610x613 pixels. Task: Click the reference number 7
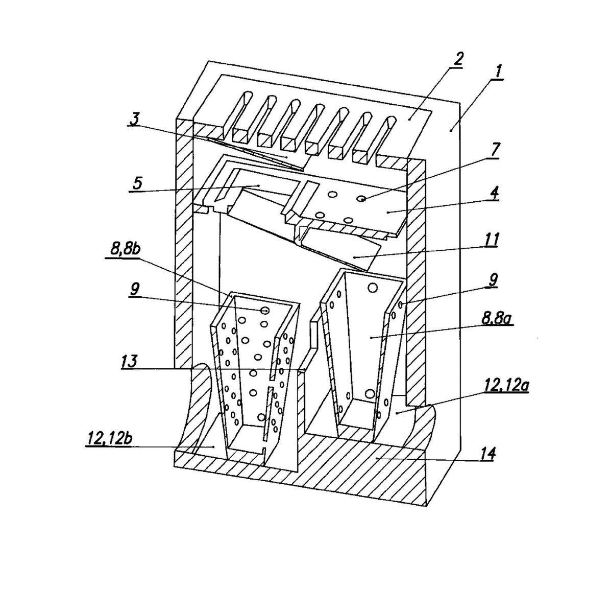497,150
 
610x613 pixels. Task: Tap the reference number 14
486,454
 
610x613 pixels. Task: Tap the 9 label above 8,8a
493,279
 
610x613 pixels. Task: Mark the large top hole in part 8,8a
373,288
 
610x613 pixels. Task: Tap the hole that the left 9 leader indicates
265,310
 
